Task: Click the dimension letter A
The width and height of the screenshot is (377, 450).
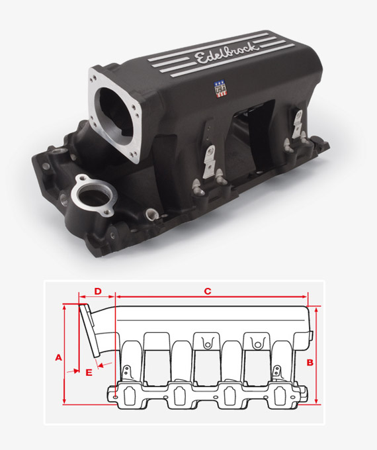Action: [58, 357]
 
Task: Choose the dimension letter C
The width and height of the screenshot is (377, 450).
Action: [207, 291]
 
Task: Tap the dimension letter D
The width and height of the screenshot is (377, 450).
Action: [97, 291]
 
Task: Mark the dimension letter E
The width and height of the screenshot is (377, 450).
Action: [89, 372]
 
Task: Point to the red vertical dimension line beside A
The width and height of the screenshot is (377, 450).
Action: [64, 354]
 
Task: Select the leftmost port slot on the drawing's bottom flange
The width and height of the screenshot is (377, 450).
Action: [126, 395]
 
